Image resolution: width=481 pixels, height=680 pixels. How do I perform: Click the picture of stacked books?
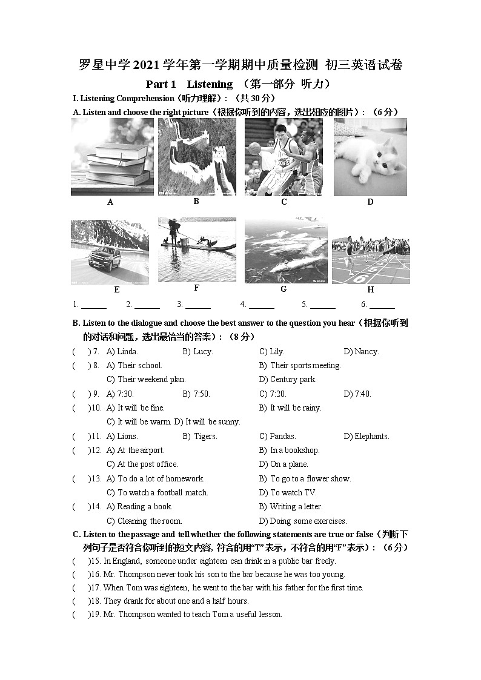[x=112, y=157]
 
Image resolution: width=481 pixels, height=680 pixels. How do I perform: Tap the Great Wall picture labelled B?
[x=196, y=157]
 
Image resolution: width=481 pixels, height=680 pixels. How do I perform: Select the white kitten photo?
[x=370, y=157]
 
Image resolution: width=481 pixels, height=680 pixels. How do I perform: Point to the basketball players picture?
[x=284, y=157]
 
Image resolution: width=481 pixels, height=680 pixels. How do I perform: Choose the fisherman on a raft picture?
[x=196, y=250]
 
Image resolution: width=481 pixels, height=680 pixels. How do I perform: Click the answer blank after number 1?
[x=93, y=305]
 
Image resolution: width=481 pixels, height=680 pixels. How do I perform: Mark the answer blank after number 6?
[x=382, y=305]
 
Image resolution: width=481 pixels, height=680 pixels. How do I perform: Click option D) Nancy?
[x=361, y=352]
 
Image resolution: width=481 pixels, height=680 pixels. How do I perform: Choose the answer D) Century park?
[x=288, y=380]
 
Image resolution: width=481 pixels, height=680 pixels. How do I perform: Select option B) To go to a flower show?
[x=305, y=478]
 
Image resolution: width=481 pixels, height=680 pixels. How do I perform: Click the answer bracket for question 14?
[x=81, y=507]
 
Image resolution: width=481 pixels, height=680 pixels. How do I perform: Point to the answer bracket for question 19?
[x=81, y=615]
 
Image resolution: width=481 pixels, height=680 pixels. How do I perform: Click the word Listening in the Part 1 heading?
[x=210, y=84]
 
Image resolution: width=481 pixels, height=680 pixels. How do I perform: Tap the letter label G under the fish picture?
[x=284, y=289]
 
